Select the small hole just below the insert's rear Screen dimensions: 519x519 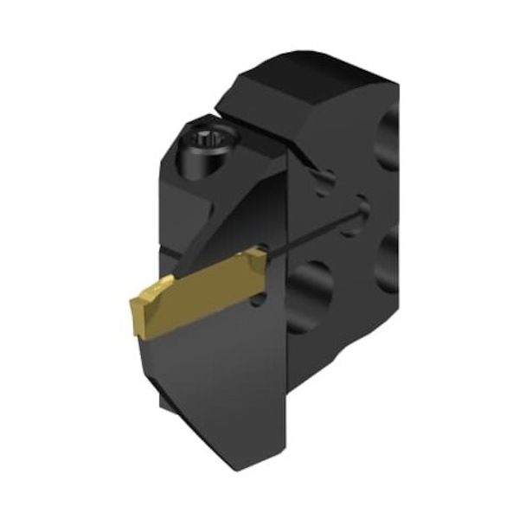tap(259, 302)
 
